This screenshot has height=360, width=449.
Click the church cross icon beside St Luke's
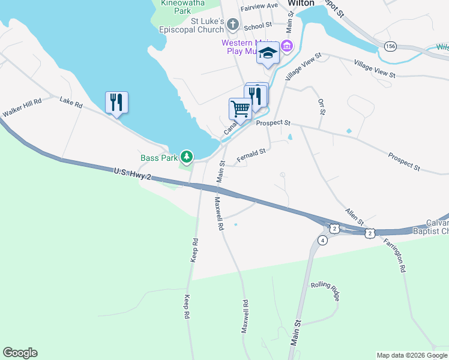[234, 25]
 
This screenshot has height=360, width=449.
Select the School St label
[258, 26]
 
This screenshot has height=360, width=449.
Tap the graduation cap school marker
[268, 54]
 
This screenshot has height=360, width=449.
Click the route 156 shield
[391, 46]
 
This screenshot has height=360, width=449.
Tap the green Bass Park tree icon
[187, 157]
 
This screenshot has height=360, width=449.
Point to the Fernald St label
[251, 156]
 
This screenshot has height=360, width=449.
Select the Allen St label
[354, 217]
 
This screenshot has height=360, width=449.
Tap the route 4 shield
[322, 241]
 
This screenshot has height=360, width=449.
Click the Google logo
[20, 353]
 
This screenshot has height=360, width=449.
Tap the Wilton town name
[301, 3]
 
